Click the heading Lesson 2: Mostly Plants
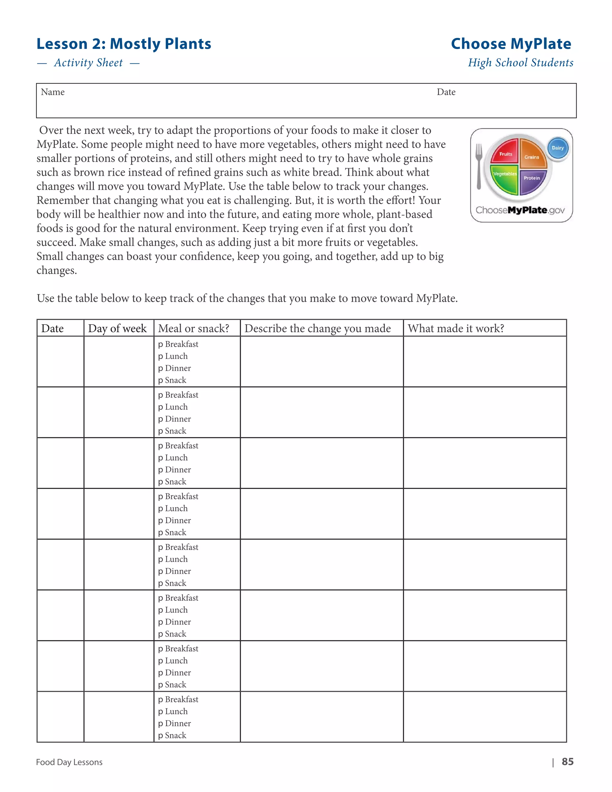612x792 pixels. click(124, 44)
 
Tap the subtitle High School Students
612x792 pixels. click(520, 63)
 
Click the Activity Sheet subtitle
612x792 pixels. click(88, 63)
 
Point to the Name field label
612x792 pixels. click(53, 92)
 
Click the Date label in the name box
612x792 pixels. click(446, 92)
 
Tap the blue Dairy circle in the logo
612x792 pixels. click(558, 148)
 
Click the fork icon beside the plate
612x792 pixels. click(479, 166)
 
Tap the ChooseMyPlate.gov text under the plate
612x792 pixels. click(520, 210)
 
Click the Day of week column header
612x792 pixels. click(117, 328)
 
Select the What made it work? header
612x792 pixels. click(456, 328)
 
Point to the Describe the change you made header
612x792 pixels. click(318, 328)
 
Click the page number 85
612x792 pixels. click(567, 762)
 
